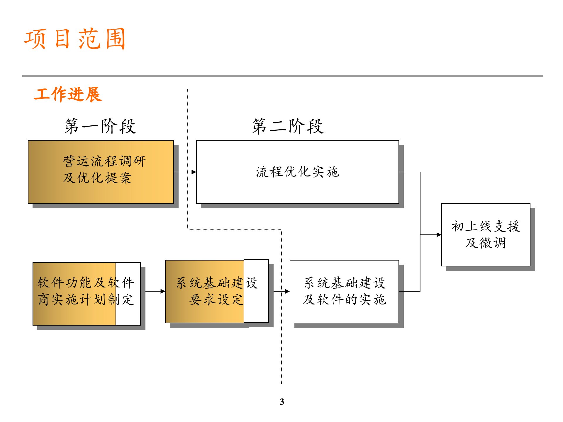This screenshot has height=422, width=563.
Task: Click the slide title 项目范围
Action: click(75, 39)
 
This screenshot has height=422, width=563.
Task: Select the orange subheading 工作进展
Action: click(68, 94)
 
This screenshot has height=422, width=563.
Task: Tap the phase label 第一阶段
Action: click(100, 126)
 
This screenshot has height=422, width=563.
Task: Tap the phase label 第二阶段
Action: click(288, 126)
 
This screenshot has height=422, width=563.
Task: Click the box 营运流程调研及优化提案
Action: click(101, 172)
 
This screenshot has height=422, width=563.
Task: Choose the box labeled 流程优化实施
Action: click(297, 172)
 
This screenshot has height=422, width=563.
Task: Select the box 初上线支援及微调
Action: click(486, 234)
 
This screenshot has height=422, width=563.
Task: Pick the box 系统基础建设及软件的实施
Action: click(344, 291)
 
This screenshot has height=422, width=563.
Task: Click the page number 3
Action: click(282, 401)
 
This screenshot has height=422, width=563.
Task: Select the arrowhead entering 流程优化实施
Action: click(194, 172)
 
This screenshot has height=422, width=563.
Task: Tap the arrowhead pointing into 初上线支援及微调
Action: click(439, 234)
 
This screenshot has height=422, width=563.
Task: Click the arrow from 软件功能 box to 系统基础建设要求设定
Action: click(155, 291)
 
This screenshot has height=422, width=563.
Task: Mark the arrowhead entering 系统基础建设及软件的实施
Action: click(287, 291)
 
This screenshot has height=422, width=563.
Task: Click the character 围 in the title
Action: click(115, 39)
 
